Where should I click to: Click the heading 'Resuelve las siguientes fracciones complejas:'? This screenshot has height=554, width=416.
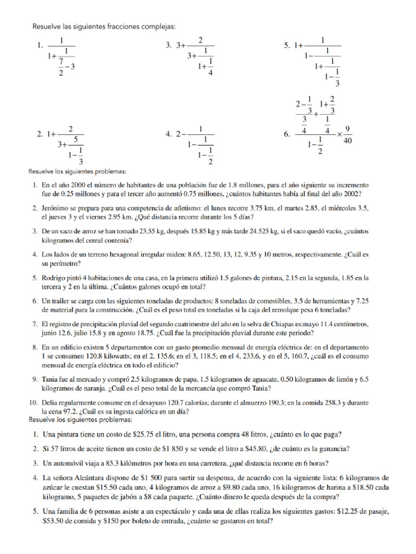(104, 27)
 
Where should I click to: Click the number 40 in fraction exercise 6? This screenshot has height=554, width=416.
(348, 141)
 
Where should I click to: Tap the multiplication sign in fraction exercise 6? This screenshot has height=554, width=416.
(335, 134)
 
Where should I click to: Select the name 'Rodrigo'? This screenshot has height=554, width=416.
(55, 278)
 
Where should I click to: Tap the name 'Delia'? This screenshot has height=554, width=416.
(50, 403)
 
